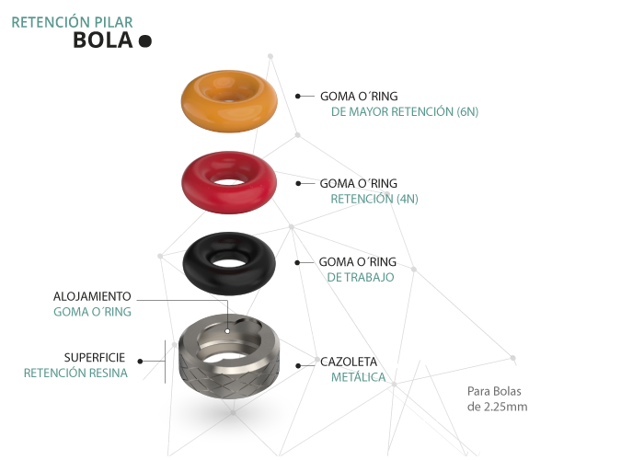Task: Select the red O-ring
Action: (198, 189)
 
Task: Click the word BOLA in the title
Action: (103, 40)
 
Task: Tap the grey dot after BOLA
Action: (144, 40)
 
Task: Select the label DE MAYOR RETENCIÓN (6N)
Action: (405, 112)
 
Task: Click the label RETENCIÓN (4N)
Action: (374, 199)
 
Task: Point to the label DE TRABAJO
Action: (361, 276)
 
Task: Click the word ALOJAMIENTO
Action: (92, 297)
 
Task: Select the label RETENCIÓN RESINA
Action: (75, 374)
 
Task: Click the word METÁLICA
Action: (359, 377)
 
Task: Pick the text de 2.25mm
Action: (497, 406)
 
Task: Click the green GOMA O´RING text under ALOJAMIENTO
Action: (92, 313)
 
